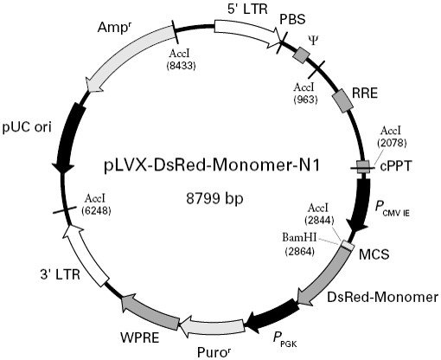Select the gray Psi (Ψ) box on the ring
(302, 55)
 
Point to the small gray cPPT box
(363, 167)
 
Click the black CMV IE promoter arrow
(361, 205)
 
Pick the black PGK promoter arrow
(274, 316)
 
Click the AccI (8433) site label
(181, 59)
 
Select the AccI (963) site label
(305, 93)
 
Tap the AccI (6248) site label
(96, 204)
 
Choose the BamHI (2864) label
(300, 245)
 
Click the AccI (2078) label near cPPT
(392, 136)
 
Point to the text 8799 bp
(214, 198)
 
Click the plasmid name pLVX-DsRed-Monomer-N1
(212, 166)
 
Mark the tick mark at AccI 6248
(65, 209)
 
